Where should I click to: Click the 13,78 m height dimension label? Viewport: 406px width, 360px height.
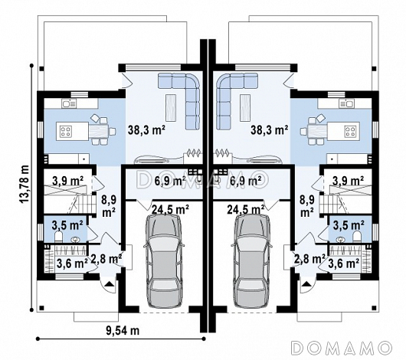tap(23, 185)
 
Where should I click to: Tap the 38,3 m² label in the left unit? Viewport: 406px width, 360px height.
tap(146, 130)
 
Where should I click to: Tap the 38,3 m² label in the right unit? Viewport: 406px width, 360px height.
tap(270, 130)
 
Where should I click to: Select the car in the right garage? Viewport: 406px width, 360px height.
tap(252, 261)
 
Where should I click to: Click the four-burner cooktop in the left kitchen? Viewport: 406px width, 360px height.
tap(66, 131)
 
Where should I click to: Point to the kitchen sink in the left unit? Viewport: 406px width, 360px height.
tap(69, 104)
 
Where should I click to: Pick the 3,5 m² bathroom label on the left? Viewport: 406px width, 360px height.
tap(67, 225)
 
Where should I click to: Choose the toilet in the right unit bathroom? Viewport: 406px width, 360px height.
tap(357, 237)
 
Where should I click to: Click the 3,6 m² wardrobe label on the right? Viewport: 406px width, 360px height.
tap(344, 263)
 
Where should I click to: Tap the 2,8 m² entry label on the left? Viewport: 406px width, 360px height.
tap(106, 259)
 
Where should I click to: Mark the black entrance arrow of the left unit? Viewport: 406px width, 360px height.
tap(110, 283)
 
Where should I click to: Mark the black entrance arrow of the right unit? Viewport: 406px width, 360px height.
tap(306, 283)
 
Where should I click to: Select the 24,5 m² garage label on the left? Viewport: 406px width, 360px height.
tap(170, 209)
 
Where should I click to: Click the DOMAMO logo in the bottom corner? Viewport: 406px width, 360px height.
tap(341, 348)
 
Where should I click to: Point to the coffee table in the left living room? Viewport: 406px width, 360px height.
tap(171, 108)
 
